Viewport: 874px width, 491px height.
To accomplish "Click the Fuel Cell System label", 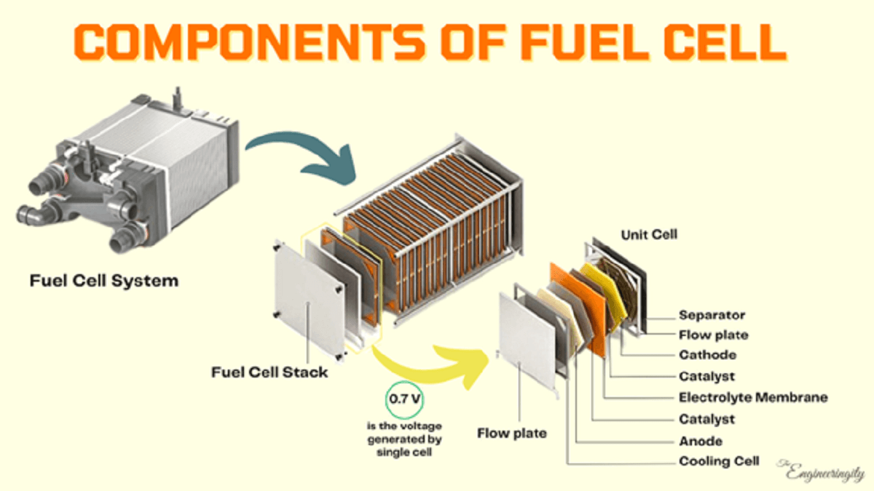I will [x=103, y=280].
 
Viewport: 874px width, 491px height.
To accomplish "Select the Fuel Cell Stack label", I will [x=269, y=372].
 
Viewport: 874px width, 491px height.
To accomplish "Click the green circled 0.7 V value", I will [x=403, y=399].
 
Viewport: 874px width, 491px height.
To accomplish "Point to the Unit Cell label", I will [x=648, y=235].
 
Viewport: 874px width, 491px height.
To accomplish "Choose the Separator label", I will [x=712, y=315].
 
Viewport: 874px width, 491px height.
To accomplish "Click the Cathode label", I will [x=707, y=356].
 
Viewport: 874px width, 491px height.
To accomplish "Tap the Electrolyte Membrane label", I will [x=753, y=398].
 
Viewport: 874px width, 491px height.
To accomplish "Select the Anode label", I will [x=701, y=441].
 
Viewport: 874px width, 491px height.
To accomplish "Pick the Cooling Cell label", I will [x=719, y=461].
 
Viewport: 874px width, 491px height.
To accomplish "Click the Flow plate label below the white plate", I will [x=512, y=434].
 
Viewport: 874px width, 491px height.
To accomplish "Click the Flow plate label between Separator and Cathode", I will [x=713, y=335].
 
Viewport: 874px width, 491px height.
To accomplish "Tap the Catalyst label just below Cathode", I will [x=706, y=377].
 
